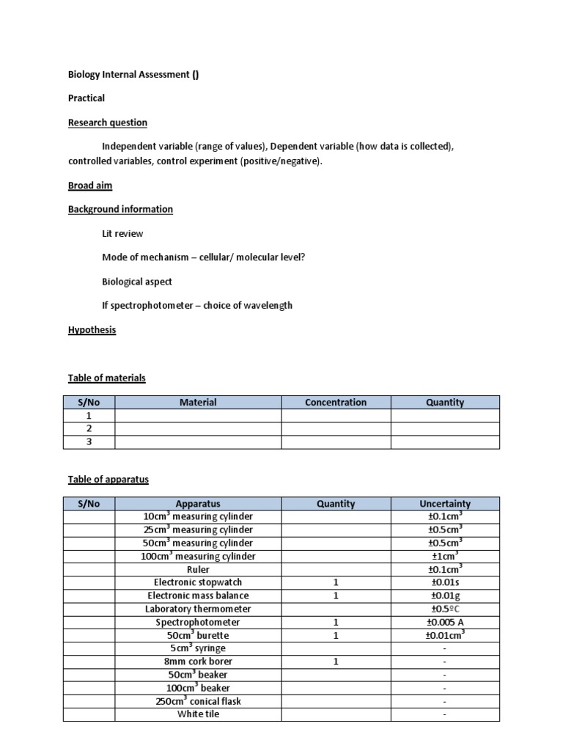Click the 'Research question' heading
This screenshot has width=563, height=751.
[x=108, y=122]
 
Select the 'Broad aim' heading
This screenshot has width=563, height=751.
[x=90, y=186]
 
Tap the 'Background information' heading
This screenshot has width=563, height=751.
[x=120, y=209]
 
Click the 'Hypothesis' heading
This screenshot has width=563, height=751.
[x=92, y=330]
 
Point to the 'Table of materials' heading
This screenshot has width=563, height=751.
[x=107, y=378]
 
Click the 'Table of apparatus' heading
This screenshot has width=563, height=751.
[x=108, y=479]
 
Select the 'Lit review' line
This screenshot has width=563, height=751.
[x=122, y=233]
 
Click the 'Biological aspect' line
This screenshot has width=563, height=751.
[x=137, y=281]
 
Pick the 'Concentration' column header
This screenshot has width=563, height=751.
[x=336, y=402]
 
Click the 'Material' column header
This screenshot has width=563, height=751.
[x=198, y=402]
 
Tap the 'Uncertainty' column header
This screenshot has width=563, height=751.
[x=445, y=504]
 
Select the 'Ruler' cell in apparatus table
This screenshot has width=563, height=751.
[x=198, y=569]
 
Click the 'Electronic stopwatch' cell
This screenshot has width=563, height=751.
[x=198, y=582]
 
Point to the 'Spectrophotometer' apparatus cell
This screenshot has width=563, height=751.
[x=198, y=622]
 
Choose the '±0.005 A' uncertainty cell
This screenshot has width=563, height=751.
[x=445, y=622]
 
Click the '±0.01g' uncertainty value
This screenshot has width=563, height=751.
[x=445, y=596]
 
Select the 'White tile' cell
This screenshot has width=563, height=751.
[x=198, y=714]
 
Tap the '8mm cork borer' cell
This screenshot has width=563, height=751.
[x=198, y=662]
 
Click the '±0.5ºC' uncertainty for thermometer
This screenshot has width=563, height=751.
[x=445, y=609]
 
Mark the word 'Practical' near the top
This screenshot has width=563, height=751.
[x=87, y=98]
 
